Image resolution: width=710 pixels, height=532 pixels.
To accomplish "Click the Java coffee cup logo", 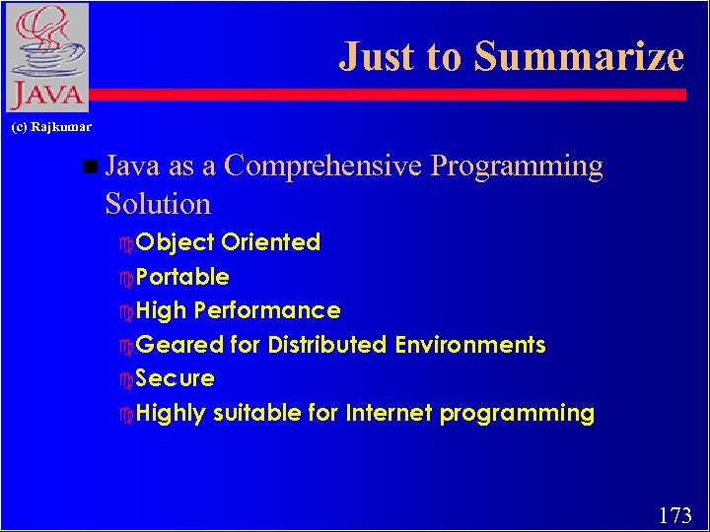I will (x=46, y=56).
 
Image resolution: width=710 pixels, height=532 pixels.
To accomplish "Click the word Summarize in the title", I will (x=579, y=56).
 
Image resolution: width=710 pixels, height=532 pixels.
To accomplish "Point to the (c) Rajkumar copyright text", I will (x=51, y=127).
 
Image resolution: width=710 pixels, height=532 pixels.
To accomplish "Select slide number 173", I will (x=674, y=514).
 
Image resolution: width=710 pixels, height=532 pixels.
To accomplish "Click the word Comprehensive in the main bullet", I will (x=322, y=166).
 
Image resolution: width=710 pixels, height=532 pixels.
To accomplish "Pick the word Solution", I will (x=158, y=204).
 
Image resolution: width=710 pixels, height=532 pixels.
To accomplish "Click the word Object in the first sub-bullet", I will (x=175, y=242).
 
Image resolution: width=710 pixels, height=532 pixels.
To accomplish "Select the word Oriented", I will (x=270, y=242).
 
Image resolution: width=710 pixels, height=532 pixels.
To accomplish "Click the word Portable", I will (x=182, y=277).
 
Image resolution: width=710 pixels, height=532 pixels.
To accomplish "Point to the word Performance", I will (x=267, y=310).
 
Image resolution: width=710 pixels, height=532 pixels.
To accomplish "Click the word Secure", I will (x=175, y=378).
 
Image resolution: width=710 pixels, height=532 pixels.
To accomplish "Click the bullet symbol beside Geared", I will (x=125, y=346).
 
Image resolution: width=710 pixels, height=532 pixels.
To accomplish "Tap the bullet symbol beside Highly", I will (x=125, y=414).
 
